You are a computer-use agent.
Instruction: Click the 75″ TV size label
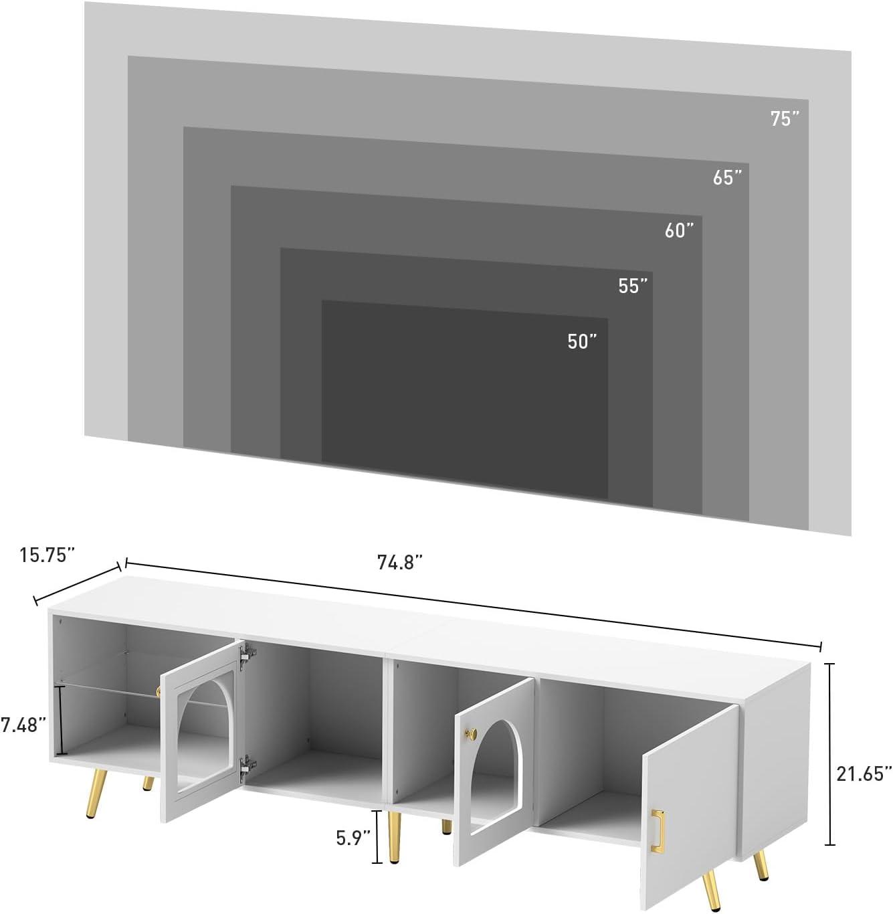pyautogui.click(x=784, y=119)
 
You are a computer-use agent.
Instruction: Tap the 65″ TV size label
pyautogui.click(x=727, y=177)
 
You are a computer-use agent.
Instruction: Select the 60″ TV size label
pyautogui.click(x=679, y=231)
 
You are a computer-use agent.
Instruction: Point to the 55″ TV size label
pyautogui.click(x=633, y=286)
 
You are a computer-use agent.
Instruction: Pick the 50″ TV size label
pyautogui.click(x=582, y=341)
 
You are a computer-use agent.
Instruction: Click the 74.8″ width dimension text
pyautogui.click(x=401, y=562)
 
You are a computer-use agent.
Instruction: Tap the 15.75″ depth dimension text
pyautogui.click(x=47, y=555)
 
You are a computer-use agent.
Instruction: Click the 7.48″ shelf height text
pyautogui.click(x=23, y=725)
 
